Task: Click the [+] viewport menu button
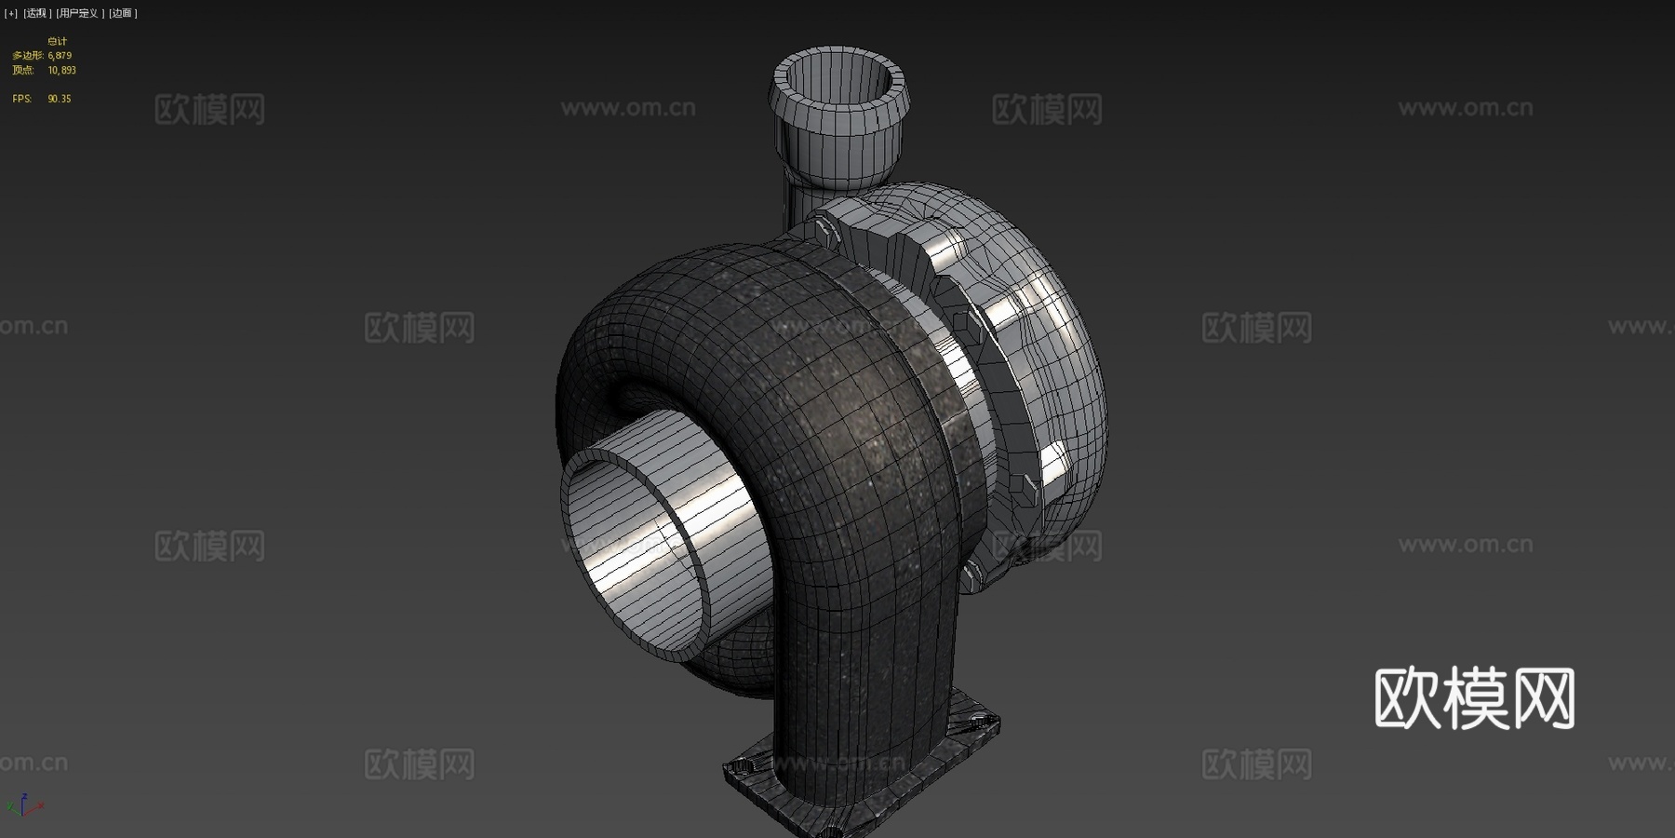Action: [11, 13]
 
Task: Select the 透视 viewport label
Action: [36, 13]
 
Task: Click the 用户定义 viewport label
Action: [78, 13]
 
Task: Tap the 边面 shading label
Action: [122, 13]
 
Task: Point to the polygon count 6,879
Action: [60, 56]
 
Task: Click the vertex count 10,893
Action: [62, 70]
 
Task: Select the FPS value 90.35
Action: [60, 99]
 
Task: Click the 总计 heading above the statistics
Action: [58, 41]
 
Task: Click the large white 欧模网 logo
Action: [1474, 698]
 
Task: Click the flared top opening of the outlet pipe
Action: [837, 79]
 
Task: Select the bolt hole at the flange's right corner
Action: [977, 721]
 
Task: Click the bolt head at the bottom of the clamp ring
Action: [973, 570]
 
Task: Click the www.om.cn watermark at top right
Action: [1465, 108]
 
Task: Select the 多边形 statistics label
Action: [27, 56]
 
